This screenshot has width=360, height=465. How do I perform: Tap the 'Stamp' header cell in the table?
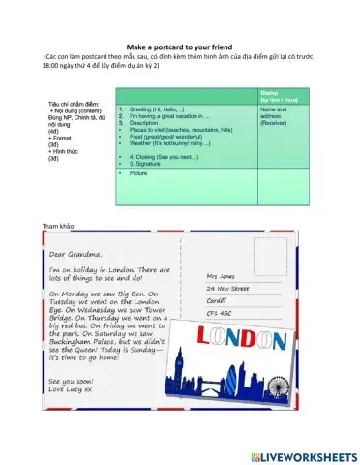270,95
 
